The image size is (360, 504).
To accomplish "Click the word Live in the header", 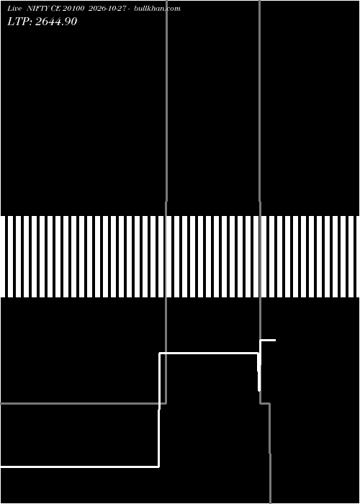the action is (x=15, y=9).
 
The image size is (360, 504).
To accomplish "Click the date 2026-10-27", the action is (x=107, y=9).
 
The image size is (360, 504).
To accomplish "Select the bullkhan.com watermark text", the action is (x=157, y=9).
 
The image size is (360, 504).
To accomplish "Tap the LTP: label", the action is (x=20, y=22).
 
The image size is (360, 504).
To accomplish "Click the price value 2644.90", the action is (x=56, y=22).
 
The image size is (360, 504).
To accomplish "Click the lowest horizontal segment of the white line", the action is (x=79, y=467).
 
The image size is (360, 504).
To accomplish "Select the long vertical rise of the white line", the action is (x=159, y=410).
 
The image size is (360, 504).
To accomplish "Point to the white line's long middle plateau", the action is (x=209, y=354).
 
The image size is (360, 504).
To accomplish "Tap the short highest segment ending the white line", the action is (x=268, y=340).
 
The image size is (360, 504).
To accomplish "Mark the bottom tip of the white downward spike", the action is (x=259, y=391).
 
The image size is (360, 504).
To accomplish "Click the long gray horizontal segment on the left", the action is (x=83, y=403).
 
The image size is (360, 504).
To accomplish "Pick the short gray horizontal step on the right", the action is (x=265, y=403).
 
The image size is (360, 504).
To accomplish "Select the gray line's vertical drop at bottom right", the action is (x=270, y=453).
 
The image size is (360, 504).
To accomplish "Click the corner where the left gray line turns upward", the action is (x=166, y=403).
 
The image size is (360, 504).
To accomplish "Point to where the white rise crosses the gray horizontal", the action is (x=159, y=403).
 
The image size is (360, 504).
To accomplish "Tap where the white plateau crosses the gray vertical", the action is (x=166, y=354).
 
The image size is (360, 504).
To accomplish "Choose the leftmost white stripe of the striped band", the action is (x=10, y=256).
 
